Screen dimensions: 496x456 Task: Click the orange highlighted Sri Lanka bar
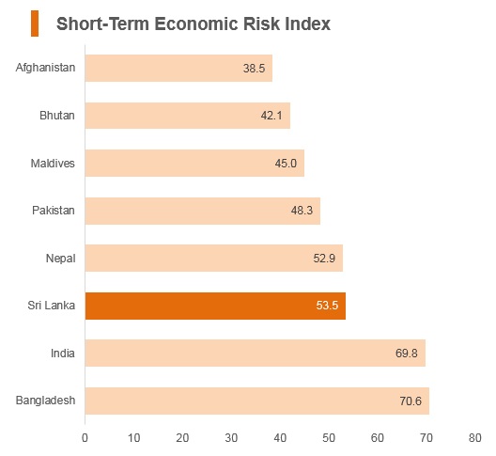pos(215,306)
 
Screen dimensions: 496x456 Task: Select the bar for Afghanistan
pos(178,68)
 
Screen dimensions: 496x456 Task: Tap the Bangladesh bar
pos(257,401)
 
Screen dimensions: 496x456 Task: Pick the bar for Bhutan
pos(188,116)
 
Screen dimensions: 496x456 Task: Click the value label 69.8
pos(406,354)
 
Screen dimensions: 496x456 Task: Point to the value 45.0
pos(286,164)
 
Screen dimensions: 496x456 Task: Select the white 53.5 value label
pos(327,306)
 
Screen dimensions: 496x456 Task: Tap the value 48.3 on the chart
pos(302,211)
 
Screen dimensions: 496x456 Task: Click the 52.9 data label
pos(324,259)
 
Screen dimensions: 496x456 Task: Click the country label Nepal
pos(61,259)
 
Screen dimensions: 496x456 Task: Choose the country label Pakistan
pos(54,211)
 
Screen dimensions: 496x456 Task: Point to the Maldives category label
pos(53,164)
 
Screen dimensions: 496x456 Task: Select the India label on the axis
pos(63,354)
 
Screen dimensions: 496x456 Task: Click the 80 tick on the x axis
pos(474,437)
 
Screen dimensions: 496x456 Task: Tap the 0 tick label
pos(85,437)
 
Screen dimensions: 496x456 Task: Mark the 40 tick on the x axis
pos(280,437)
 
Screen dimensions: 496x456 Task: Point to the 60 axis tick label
pos(378,437)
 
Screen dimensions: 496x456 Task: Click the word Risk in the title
pos(261,24)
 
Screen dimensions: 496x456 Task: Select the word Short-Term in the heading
pos(102,24)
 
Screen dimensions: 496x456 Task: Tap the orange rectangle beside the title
pos(35,24)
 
